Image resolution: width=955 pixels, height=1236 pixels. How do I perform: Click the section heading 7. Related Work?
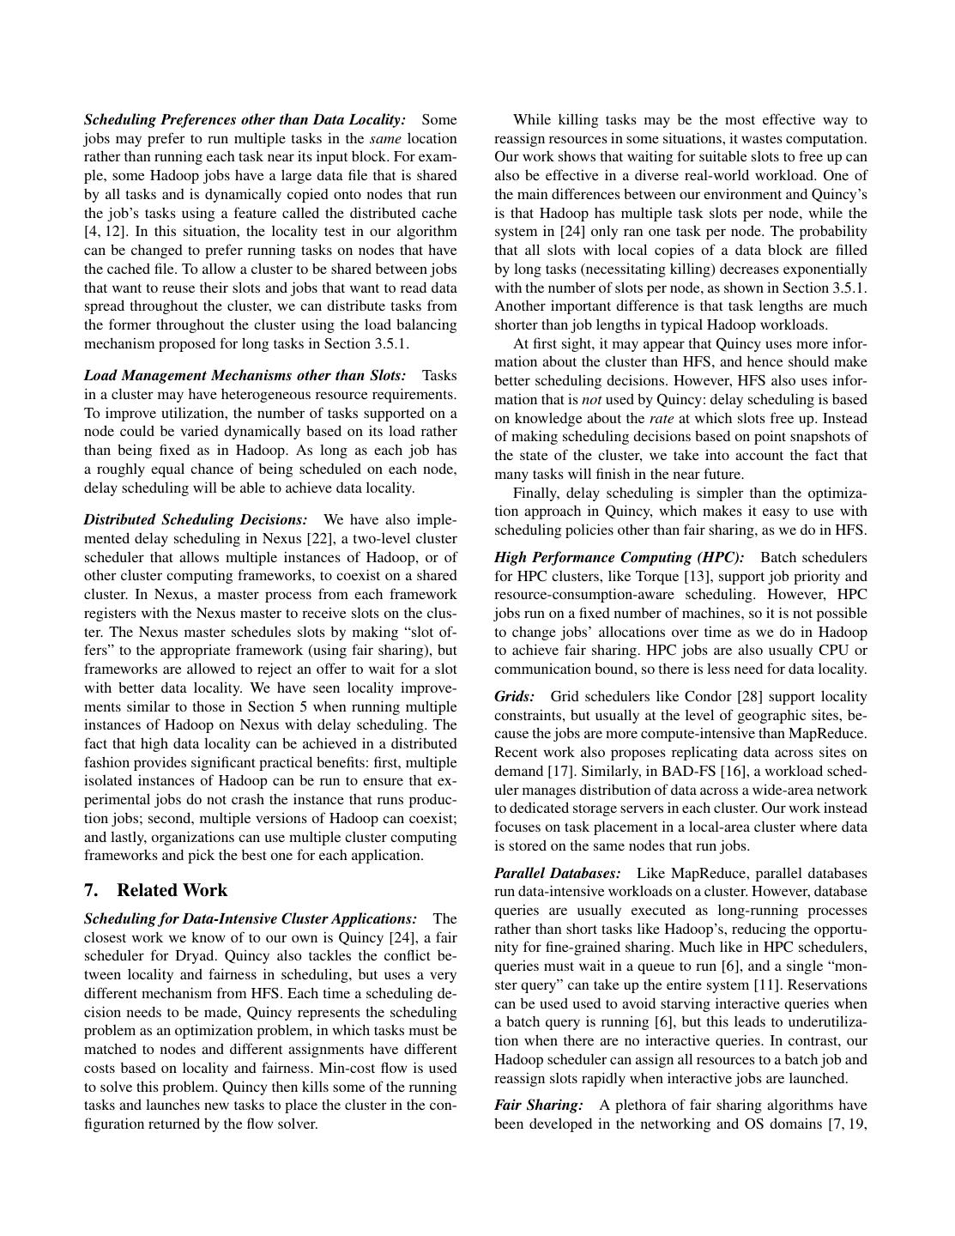click(x=155, y=890)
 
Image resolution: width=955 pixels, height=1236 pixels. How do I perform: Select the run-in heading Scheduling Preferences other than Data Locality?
click(x=245, y=120)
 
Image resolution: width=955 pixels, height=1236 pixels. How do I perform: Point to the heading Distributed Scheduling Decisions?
click(x=195, y=520)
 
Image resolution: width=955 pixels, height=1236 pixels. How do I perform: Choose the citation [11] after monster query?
click(x=766, y=985)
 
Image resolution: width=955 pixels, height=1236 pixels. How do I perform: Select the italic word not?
click(x=591, y=400)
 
